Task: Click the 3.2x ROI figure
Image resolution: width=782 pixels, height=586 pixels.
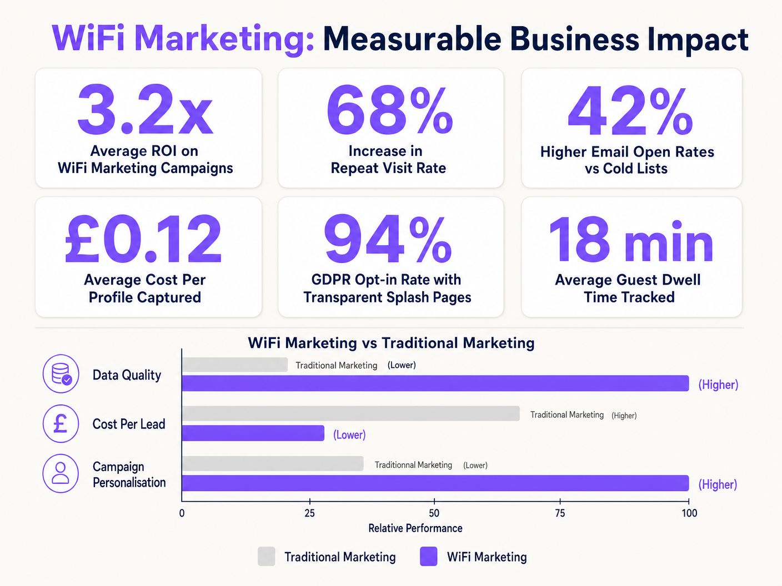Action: pyautogui.click(x=145, y=110)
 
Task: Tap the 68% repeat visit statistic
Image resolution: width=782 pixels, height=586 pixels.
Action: pyautogui.click(x=389, y=110)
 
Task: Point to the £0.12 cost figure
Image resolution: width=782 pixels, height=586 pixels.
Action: pyautogui.click(x=144, y=239)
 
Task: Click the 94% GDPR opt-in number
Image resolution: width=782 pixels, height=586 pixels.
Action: pyautogui.click(x=388, y=239)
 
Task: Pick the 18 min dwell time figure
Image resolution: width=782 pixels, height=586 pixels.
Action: pyautogui.click(x=630, y=239)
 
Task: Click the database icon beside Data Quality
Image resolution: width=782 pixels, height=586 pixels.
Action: pyautogui.click(x=61, y=374)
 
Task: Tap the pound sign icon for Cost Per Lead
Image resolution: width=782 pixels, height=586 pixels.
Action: pyautogui.click(x=61, y=423)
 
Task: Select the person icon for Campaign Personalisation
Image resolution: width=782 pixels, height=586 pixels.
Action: pyautogui.click(x=61, y=473)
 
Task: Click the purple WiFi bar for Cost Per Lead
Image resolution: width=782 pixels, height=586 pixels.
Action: pyautogui.click(x=253, y=433)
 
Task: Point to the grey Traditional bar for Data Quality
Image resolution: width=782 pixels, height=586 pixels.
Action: pyautogui.click(x=234, y=365)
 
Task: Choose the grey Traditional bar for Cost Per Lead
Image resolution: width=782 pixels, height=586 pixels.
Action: pyautogui.click(x=350, y=413)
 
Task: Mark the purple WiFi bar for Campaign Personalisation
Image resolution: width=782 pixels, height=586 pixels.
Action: pyautogui.click(x=435, y=483)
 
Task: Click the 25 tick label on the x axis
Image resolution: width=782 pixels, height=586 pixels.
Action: pyautogui.click(x=309, y=513)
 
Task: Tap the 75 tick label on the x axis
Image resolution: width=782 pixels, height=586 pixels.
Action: pyautogui.click(x=560, y=513)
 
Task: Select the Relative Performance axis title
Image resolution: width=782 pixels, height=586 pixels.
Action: pyautogui.click(x=415, y=528)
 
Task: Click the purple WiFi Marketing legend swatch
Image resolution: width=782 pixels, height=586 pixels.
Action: pyautogui.click(x=429, y=557)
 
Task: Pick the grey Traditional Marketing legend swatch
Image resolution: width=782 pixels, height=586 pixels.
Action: pyautogui.click(x=267, y=557)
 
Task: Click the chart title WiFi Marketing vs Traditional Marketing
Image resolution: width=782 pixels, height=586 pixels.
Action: pyautogui.click(x=391, y=343)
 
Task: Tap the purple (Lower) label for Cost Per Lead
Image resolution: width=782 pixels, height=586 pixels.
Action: pyautogui.click(x=349, y=435)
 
